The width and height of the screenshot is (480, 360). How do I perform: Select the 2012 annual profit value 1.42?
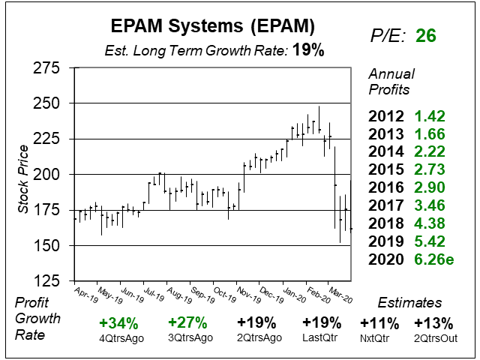(430, 116)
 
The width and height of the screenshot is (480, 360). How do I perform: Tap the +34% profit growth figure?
(118, 324)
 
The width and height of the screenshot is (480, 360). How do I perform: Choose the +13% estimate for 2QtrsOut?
(433, 324)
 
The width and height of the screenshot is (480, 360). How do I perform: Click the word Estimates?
(409, 304)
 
